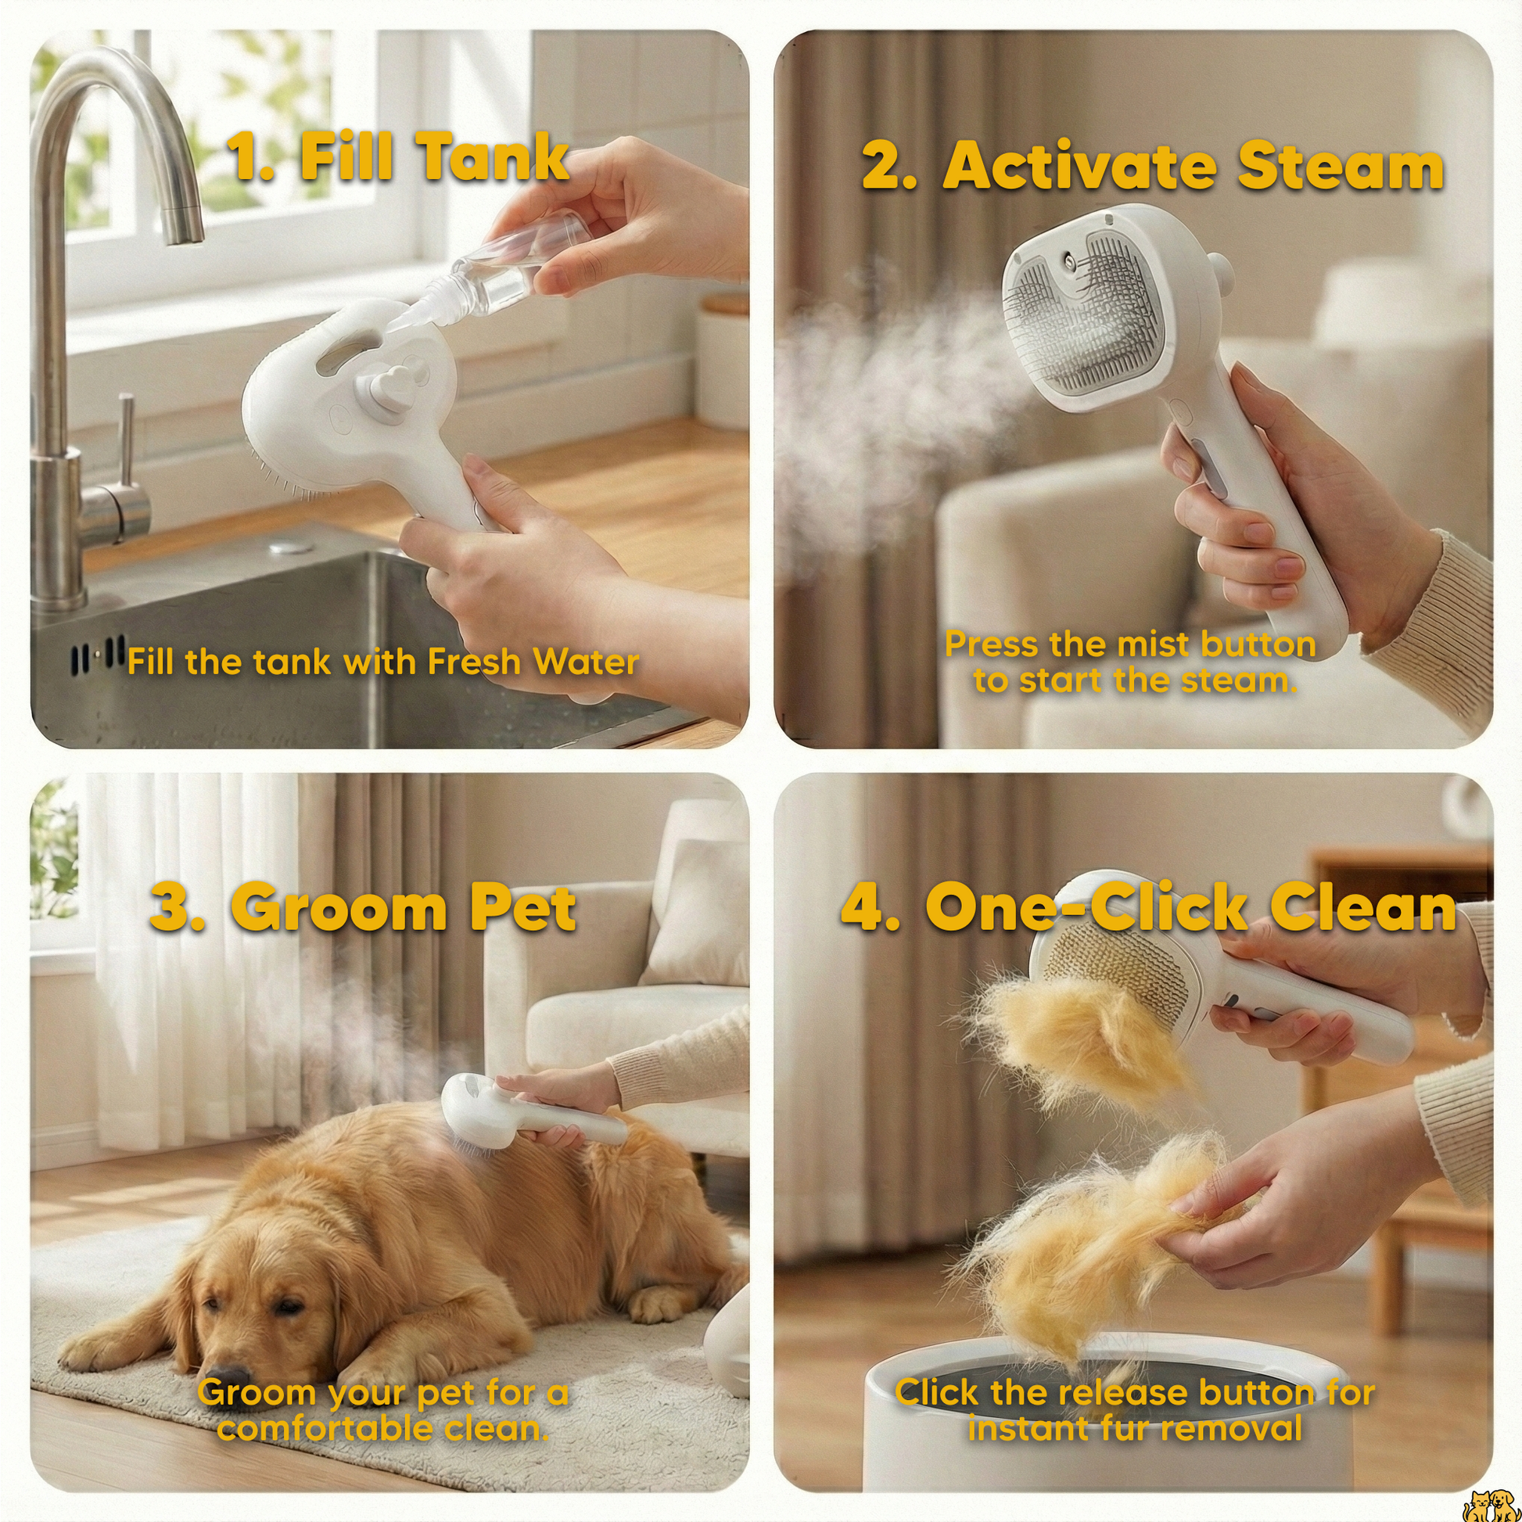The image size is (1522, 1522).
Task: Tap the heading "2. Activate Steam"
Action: click(1153, 167)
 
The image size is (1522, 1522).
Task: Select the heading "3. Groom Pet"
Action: click(363, 909)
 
